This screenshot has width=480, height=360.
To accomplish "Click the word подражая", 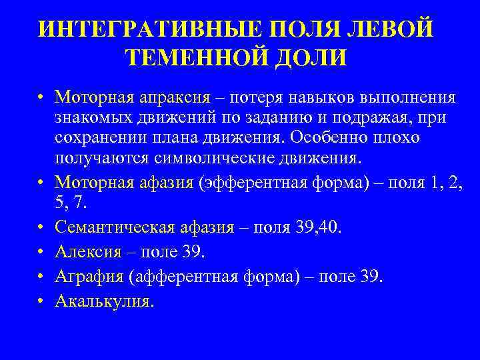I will click(360, 118).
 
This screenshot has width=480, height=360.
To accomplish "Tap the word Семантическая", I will click(110, 229).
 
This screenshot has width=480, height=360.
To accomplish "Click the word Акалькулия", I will click(104, 301).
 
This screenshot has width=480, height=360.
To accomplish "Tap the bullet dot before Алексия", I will click(41, 253).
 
